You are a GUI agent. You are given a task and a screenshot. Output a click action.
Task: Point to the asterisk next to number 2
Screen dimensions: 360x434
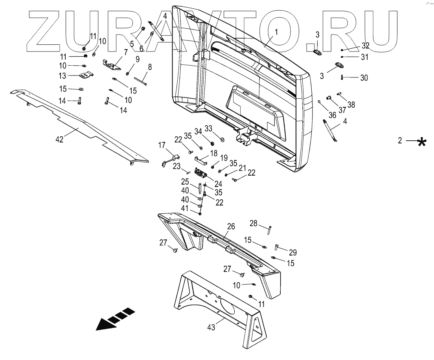422,141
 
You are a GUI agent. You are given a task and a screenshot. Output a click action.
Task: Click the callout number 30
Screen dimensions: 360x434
364,78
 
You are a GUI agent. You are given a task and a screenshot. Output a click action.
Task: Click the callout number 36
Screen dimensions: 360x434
332,115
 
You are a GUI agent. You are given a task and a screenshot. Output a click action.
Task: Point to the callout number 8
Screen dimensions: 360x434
149,67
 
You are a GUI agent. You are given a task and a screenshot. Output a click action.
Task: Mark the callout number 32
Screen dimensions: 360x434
365,45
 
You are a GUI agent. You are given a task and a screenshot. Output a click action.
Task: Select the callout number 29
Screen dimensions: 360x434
292,252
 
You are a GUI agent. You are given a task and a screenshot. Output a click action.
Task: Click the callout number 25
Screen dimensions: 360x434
184,183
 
